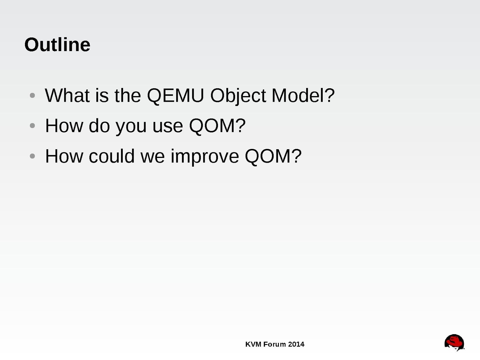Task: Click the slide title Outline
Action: pyautogui.click(x=57, y=45)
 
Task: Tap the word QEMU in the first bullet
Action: pyautogui.click(x=176, y=95)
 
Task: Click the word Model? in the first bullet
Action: pyautogui.click(x=303, y=95)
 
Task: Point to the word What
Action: pyautogui.click(x=67, y=95)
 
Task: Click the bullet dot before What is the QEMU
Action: pyautogui.click(x=32, y=95)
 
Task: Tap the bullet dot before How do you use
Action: pyautogui.click(x=32, y=126)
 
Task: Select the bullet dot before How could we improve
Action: pyautogui.click(x=32, y=156)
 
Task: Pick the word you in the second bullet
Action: pyautogui.click(x=131, y=128)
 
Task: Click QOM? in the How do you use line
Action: pyautogui.click(x=217, y=126)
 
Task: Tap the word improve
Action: pyautogui.click(x=205, y=157)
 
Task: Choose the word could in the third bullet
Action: pyautogui.click(x=112, y=156)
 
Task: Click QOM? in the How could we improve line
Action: pyautogui.click(x=273, y=156)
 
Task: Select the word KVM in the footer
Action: pyautogui.click(x=253, y=344)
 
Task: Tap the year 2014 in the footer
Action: pyautogui.click(x=296, y=344)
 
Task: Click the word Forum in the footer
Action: pyautogui.click(x=275, y=344)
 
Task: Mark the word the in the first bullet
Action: pyautogui.click(x=128, y=95)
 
